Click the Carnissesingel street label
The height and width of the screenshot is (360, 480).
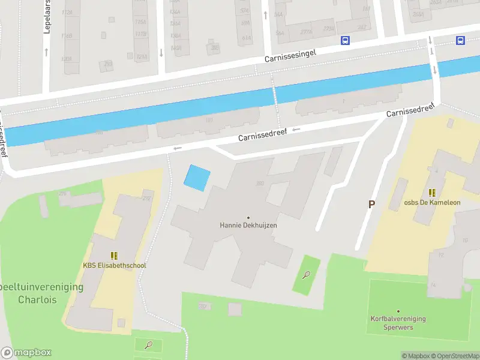click(x=290, y=56)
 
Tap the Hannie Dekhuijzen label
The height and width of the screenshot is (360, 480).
click(x=248, y=226)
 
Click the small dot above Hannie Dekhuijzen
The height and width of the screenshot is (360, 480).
click(x=248, y=217)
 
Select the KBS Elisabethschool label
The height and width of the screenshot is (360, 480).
click(x=114, y=265)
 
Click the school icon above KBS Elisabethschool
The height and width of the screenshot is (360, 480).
click(x=114, y=256)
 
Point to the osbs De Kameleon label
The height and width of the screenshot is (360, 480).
click(x=432, y=202)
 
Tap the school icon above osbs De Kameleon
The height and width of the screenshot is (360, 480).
click(x=432, y=193)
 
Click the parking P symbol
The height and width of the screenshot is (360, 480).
click(x=371, y=204)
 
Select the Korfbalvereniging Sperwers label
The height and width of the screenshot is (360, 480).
click(x=398, y=323)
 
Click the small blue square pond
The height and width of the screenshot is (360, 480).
click(x=197, y=178)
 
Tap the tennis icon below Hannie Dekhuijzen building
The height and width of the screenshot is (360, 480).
click(x=307, y=275)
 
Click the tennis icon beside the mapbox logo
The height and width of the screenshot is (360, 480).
click(x=149, y=345)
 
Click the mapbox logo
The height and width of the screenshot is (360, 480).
click(x=26, y=353)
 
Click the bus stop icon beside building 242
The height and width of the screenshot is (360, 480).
click(x=345, y=41)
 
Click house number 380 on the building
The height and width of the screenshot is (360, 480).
click(x=260, y=184)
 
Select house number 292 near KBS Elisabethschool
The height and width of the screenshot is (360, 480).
click(x=146, y=199)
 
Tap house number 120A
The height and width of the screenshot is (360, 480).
click(x=66, y=59)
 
